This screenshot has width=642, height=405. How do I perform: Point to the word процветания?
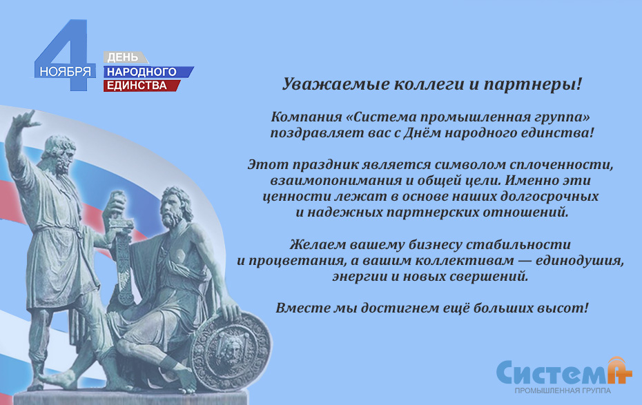tap(291, 261)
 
